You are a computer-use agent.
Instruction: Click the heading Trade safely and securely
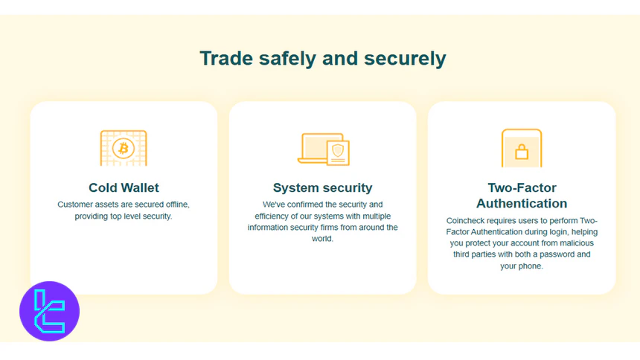[x=322, y=58]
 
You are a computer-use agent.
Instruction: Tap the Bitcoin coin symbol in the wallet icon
[x=124, y=148]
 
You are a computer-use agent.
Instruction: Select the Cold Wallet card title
[x=124, y=187]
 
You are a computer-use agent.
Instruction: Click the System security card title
[x=322, y=187]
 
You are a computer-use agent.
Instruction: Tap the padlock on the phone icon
[x=521, y=152]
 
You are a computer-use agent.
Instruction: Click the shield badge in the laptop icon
[x=338, y=152]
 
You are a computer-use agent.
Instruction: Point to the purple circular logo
[x=49, y=311]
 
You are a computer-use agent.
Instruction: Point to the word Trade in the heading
[x=221, y=58]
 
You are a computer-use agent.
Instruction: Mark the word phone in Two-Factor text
[x=531, y=266]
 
